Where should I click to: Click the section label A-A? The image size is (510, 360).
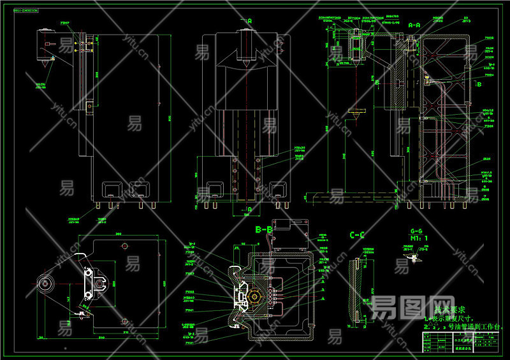pyautogui.click(x=414, y=25)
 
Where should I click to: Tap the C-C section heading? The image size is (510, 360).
pyautogui.click(x=357, y=235)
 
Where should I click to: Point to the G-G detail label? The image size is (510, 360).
pyautogui.click(x=416, y=231)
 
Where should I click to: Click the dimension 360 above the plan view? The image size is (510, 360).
pyautogui.click(x=117, y=234)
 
